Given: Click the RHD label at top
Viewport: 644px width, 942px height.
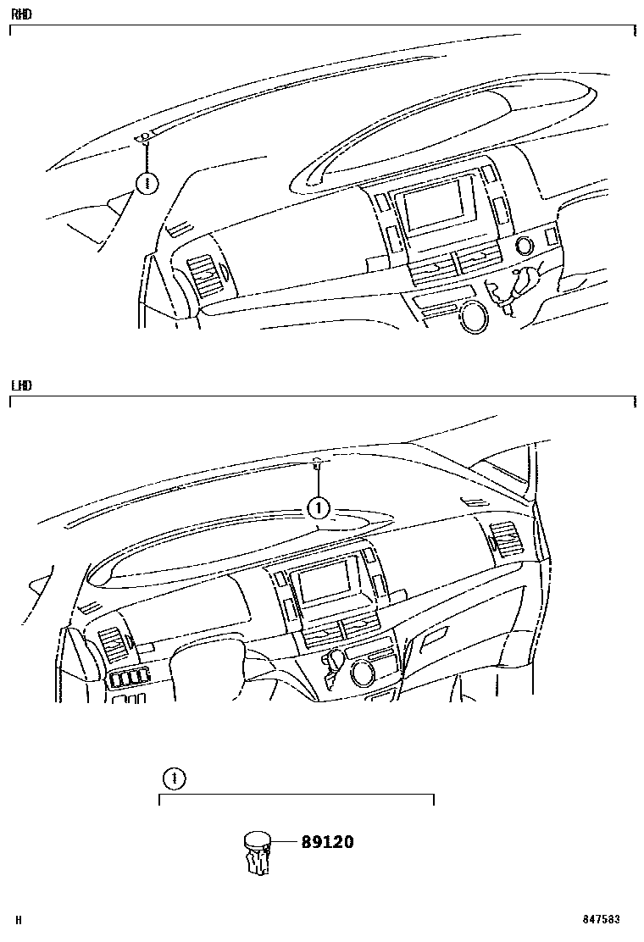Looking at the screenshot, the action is pos(21,14).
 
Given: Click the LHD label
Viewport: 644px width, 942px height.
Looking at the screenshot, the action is pos(21,385).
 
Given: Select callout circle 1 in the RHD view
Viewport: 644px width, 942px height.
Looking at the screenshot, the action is pos(147,183).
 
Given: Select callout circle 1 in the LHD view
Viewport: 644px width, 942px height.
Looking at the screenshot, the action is pos(319,508).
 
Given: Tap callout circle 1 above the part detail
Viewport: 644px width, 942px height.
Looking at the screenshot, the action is pos(175,779).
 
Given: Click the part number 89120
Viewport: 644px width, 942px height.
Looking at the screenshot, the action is pos(327,842).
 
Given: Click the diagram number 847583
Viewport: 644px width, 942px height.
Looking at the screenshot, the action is pos(601,919).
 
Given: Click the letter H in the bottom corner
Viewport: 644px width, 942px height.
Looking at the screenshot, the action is pos(19,920).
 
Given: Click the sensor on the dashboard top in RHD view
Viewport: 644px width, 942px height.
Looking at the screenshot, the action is pos(144,139).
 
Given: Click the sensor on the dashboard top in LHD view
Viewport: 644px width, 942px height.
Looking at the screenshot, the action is pos(318,463).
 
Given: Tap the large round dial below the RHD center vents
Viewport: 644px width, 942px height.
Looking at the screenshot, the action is pos(475,316).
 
